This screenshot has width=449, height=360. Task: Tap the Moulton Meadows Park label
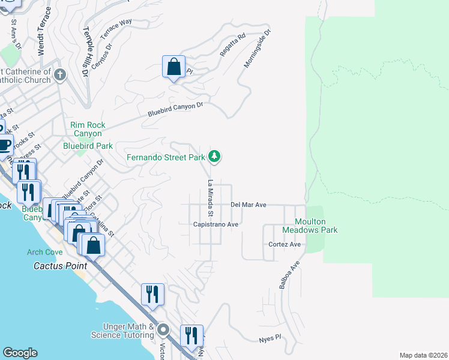pyautogui.click(x=311, y=226)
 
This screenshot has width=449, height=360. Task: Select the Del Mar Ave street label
pyautogui.click(x=249, y=205)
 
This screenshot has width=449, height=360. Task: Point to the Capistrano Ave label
pyautogui.click(x=216, y=224)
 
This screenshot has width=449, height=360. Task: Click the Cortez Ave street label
pyautogui.click(x=285, y=245)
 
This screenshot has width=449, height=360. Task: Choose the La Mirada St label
pyautogui.click(x=211, y=198)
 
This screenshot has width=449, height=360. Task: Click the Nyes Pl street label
pyautogui.click(x=270, y=338)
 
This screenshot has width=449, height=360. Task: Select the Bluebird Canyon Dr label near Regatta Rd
pyautogui.click(x=176, y=109)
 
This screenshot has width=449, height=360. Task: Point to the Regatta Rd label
pyautogui.click(x=233, y=45)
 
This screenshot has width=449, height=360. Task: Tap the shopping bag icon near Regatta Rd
pyautogui.click(x=173, y=67)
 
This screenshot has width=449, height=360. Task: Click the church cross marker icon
pyautogui.click(x=59, y=75)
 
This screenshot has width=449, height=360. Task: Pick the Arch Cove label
pyautogui.click(x=44, y=252)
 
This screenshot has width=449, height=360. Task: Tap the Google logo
pyautogui.click(x=20, y=353)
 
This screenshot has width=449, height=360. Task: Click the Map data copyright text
pyautogui.click(x=423, y=355)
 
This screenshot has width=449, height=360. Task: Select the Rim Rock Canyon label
pyautogui.click(x=88, y=129)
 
